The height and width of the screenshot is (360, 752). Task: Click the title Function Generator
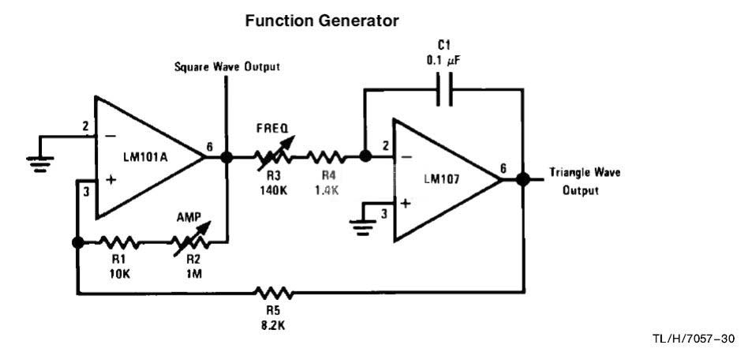pos(322,22)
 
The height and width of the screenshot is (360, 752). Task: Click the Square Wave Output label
pos(226,67)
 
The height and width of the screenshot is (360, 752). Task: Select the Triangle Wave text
pos(583,173)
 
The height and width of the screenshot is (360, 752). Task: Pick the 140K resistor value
pos(272,190)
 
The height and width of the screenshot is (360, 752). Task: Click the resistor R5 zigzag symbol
pos(275,294)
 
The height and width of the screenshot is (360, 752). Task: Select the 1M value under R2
pos(193,276)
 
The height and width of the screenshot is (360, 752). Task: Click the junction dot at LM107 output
pos(522,179)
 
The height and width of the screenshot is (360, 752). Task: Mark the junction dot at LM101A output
pos(226,157)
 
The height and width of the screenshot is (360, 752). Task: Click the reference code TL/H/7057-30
pos(694,339)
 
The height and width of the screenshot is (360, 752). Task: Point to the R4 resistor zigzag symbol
pos(324,157)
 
